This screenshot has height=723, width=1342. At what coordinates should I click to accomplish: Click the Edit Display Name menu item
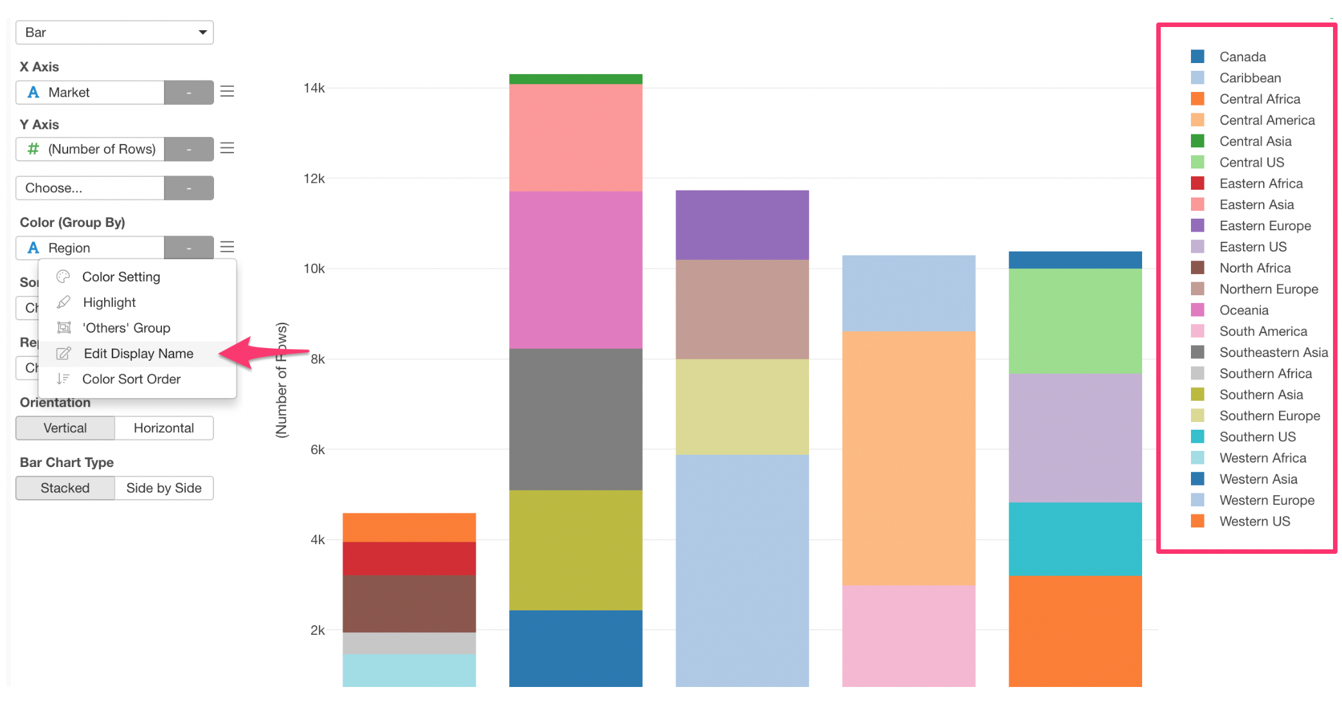[138, 353]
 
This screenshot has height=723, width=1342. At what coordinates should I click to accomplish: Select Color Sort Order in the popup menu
[131, 379]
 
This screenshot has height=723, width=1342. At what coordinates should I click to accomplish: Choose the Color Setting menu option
[121, 277]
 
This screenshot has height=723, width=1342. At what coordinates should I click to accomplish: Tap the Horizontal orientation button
[163, 428]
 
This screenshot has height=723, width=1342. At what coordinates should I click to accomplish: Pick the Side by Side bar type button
[163, 488]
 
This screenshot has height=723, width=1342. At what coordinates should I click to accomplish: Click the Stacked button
[65, 488]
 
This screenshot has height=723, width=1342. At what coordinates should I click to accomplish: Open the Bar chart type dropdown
[114, 32]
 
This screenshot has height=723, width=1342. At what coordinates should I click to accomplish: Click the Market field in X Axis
[90, 92]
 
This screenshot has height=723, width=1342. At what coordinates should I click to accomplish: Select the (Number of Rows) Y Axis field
[90, 149]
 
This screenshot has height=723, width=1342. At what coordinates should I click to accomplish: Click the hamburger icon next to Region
[227, 247]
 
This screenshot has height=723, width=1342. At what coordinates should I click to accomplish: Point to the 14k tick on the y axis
[314, 87]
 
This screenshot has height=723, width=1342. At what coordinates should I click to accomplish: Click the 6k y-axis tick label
[318, 450]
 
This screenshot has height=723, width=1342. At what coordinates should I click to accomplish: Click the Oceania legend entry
[1243, 310]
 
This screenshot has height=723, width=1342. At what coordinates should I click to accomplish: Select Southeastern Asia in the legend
[1273, 352]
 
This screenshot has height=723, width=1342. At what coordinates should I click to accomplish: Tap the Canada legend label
[1242, 57]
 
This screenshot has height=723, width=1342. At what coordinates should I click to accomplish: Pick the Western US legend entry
[1254, 521]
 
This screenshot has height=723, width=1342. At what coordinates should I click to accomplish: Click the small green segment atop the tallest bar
[575, 79]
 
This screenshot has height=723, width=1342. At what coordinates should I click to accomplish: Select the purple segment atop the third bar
[742, 225]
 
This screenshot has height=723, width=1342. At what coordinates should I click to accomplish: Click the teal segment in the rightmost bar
[1075, 539]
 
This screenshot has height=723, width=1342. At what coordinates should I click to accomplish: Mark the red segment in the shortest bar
[409, 558]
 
